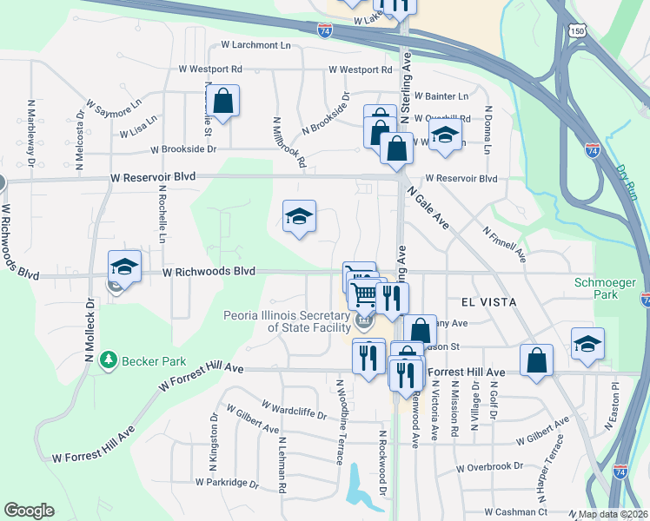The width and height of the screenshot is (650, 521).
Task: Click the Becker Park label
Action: point(151,360)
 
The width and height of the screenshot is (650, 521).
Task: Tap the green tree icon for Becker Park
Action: point(109,359)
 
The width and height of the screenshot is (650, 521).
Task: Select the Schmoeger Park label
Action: point(606,289)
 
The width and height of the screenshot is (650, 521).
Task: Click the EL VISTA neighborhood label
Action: point(488,301)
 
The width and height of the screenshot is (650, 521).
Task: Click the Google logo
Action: point(29,511)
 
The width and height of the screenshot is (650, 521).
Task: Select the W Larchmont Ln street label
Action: point(255,44)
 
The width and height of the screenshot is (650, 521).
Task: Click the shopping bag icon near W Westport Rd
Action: point(223,101)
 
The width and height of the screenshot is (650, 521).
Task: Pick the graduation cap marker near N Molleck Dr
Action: point(124,266)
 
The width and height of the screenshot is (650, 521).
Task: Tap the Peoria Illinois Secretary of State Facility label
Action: point(287,321)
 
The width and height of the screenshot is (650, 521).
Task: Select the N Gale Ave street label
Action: point(429,209)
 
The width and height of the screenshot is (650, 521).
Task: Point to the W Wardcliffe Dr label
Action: point(294,409)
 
